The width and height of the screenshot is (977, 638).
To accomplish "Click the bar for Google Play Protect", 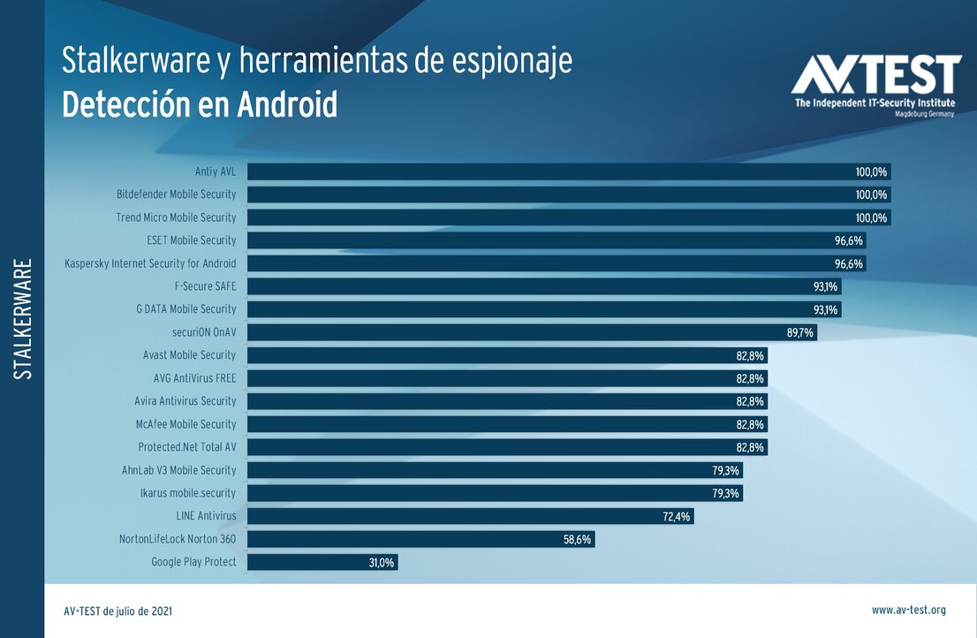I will point(322,562).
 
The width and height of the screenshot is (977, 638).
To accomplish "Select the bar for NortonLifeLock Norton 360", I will point(420,539).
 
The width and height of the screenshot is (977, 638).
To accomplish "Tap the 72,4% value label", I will point(677,516).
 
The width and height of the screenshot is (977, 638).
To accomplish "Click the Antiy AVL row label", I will point(216,171).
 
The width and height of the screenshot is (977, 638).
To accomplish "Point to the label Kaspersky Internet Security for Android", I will point(150,263).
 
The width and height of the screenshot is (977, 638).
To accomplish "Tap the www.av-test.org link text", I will point(908,610).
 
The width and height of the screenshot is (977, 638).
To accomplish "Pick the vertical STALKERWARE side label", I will point(24,319).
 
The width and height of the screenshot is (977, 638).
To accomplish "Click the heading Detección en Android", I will point(200,104).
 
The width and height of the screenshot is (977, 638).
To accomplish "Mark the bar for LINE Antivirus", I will point(470,516).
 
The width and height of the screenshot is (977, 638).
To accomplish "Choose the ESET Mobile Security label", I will point(192,240).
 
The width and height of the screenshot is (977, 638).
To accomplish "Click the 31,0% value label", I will point(382,562).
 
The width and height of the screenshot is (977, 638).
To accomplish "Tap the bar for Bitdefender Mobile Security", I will point(568,194).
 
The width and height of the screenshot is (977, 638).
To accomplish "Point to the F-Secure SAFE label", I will point(206,286).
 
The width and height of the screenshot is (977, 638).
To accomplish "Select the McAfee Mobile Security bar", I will point(506,424).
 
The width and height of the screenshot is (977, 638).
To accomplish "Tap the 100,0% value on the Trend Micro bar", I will point(871,217).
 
